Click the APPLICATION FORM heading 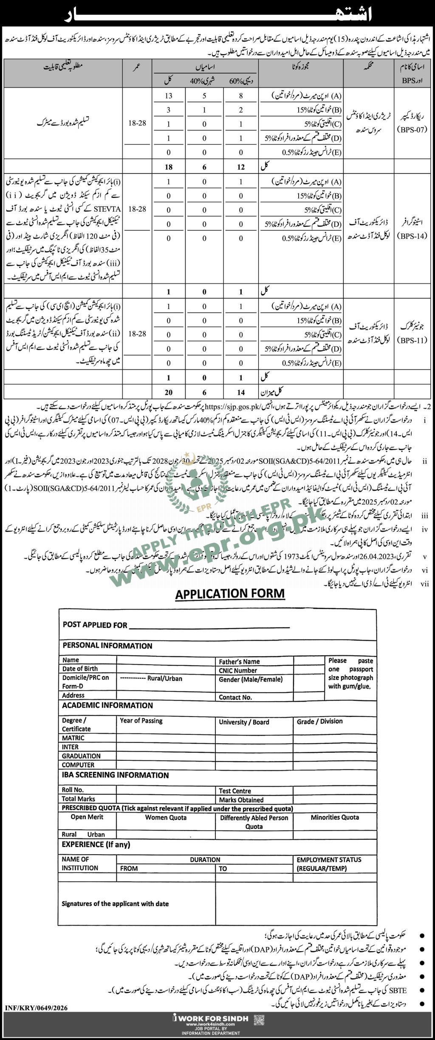point(230,594)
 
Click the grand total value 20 point(169,392)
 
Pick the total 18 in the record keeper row point(169,167)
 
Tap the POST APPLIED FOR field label point(95,625)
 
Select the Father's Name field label point(239,661)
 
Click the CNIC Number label point(238,670)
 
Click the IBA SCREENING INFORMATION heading point(115,775)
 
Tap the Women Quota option point(166,817)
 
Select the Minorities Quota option point(335,817)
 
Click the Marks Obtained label point(241,799)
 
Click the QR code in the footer point(259,1017)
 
